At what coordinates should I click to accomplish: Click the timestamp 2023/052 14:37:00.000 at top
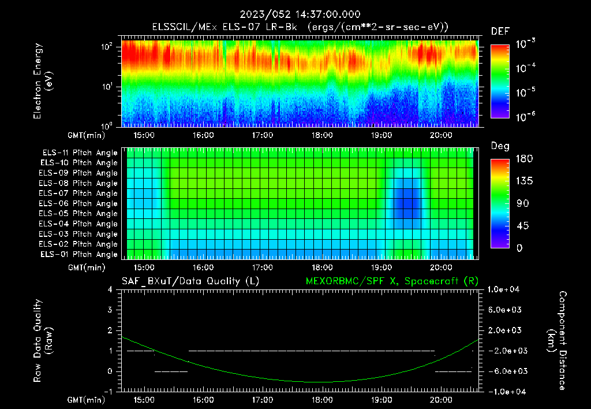click(295, 14)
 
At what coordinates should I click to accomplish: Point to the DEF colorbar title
click(500, 31)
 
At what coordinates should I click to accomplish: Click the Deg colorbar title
click(499, 146)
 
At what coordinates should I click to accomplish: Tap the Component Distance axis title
click(558, 340)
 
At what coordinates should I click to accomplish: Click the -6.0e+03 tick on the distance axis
click(506, 371)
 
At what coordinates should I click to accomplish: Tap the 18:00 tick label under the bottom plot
click(321, 399)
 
